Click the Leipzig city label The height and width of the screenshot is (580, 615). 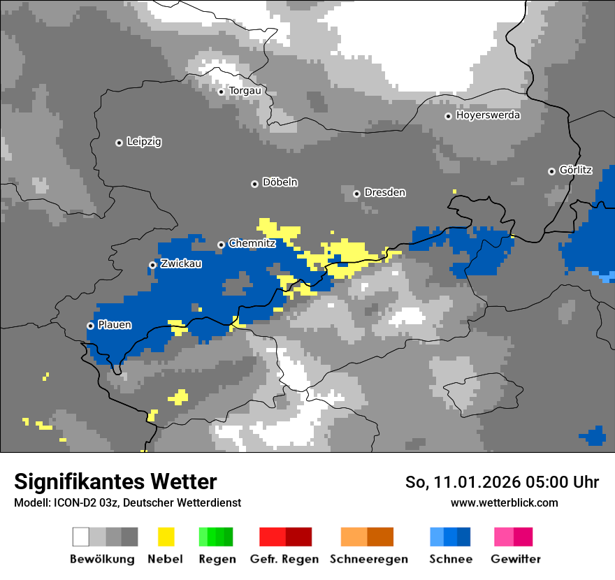tap(144, 142)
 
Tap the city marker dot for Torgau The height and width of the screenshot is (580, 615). tap(221, 92)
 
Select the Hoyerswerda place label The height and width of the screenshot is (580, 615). tap(488, 115)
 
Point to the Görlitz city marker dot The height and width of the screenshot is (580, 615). tap(551, 171)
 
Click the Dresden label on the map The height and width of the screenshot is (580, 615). tap(384, 193)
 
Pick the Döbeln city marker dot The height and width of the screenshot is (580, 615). tap(254, 184)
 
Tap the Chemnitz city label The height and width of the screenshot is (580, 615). tap(252, 244)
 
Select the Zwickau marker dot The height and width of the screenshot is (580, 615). tap(152, 265)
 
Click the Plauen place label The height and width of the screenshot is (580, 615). tap(115, 325)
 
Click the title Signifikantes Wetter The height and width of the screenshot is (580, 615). tap(115, 481)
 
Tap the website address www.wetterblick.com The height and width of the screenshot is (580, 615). tap(504, 503)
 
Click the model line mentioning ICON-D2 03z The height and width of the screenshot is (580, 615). tap(127, 503)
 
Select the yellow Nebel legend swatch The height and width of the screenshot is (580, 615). tap(166, 537)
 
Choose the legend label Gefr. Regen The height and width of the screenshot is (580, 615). tap(284, 559)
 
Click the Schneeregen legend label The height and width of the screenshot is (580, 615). tap(368, 559)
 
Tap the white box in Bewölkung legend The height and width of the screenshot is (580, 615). tap(81, 537)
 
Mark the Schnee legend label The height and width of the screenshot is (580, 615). tap(451, 559)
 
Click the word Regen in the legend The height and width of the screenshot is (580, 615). tap(216, 559)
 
